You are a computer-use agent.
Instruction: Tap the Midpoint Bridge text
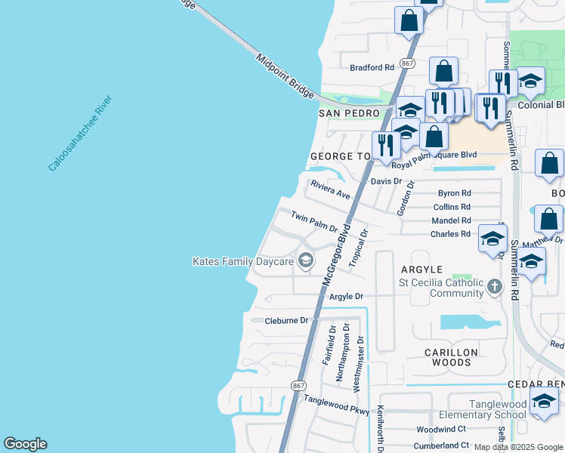click(284, 74)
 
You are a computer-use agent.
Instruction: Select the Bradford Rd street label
click(372, 67)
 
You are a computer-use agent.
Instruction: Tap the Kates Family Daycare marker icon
click(305, 261)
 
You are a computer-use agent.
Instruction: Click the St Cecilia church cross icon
click(495, 286)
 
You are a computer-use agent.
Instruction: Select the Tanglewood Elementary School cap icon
click(543, 402)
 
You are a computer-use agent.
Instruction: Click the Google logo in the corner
click(25, 444)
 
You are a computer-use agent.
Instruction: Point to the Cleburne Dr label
click(287, 320)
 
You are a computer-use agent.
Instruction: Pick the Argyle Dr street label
click(347, 297)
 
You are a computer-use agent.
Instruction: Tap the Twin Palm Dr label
click(314, 222)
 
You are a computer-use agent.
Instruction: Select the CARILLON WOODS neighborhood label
click(451, 358)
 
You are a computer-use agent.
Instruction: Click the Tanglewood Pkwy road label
click(336, 405)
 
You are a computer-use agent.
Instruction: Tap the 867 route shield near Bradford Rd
click(408, 63)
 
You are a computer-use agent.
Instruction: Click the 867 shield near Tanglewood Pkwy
click(297, 385)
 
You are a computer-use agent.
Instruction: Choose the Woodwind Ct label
click(442, 429)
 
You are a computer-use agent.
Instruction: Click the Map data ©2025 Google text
click(518, 447)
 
